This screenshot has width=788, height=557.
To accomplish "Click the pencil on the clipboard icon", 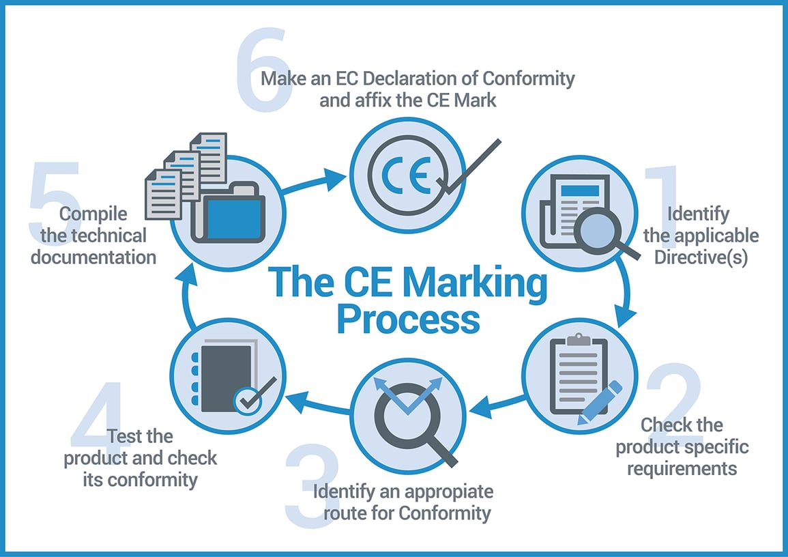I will pos(600,402).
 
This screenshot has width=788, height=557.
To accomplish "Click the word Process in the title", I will pos(407,319).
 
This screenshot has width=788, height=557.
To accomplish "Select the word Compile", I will pos(93,214).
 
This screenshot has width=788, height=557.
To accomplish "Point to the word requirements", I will pos(682,469).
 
